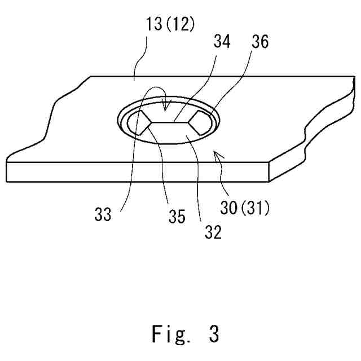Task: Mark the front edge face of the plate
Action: [135, 171]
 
